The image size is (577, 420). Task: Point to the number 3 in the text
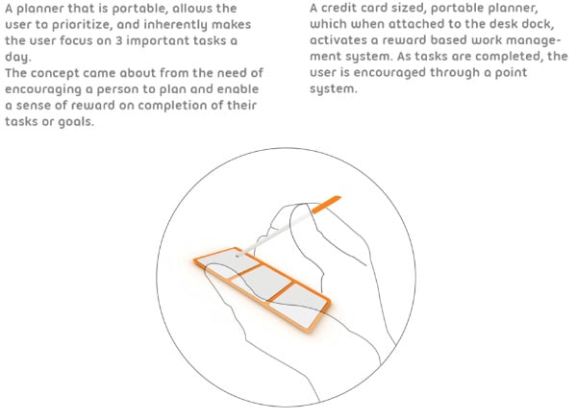point(118,40)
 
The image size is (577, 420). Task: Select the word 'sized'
point(410,9)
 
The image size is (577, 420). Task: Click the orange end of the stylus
point(326,204)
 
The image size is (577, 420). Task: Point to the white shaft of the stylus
point(276,234)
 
